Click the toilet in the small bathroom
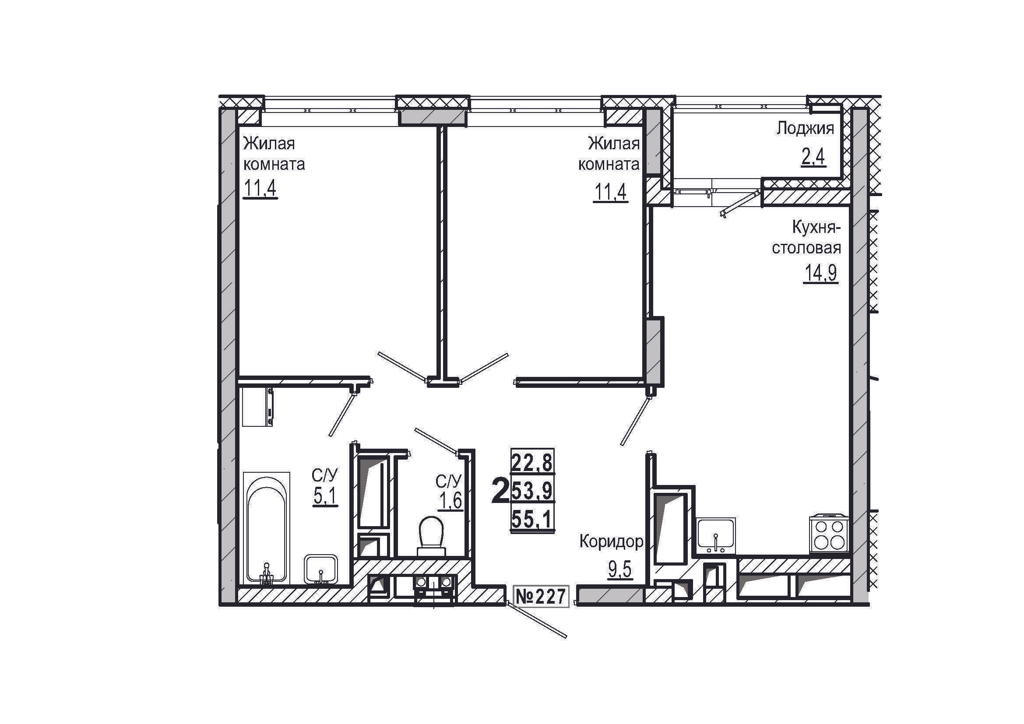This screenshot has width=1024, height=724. (431, 536)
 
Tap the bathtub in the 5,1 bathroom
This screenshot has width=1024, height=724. (266, 528)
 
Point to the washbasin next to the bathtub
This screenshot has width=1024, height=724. (320, 569)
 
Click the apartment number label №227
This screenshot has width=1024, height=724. (542, 597)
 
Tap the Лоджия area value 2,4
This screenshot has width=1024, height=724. (813, 158)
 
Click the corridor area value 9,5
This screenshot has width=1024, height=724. (620, 569)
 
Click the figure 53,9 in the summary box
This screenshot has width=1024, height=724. (532, 491)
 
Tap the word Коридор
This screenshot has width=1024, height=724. (611, 541)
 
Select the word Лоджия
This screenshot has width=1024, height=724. (805, 129)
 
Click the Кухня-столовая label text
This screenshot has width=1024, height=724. (806, 238)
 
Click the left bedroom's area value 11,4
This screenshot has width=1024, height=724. (260, 188)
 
